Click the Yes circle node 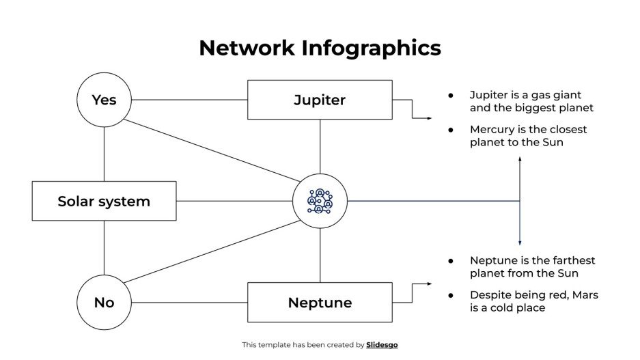[104, 100]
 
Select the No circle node [104, 302]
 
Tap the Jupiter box [320, 100]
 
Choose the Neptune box [320, 302]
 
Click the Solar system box [104, 201]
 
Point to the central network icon [320, 201]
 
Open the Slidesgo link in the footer [382, 345]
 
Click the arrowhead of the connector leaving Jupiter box [429, 118]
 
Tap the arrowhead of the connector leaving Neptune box [429, 283]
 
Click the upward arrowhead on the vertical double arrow [520, 159]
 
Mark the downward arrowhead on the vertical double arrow [520, 243]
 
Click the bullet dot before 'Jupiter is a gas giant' [450, 96]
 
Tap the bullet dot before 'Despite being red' [450, 295]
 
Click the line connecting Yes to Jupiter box [189, 100]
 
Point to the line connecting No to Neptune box [189, 302]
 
